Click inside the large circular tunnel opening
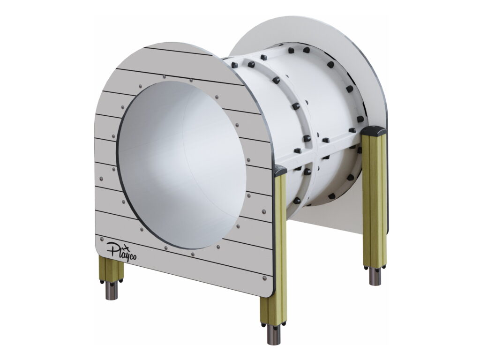tap(182, 165)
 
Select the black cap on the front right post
tap(281, 170)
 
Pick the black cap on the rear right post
tap(374, 131)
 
